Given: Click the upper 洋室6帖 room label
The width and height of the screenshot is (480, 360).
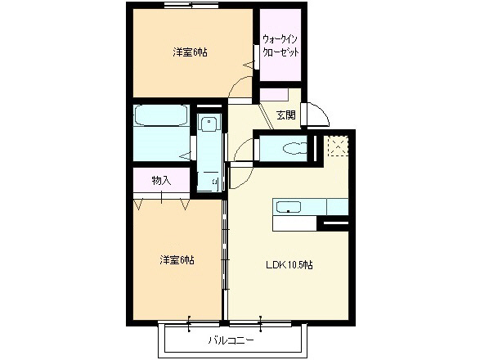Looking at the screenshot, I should [189, 52].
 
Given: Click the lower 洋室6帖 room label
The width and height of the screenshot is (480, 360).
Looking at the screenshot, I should [177, 260].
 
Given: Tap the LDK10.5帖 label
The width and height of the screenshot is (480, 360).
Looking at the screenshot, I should [289, 264].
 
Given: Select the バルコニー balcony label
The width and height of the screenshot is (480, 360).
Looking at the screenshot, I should [231, 339].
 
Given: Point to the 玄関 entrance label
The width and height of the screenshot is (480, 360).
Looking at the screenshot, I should [285, 115].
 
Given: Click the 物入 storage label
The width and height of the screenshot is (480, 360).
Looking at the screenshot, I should [161, 179].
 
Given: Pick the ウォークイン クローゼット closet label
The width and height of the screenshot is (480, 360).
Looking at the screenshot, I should [280, 44].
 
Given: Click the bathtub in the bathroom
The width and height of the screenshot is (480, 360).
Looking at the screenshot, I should [161, 117].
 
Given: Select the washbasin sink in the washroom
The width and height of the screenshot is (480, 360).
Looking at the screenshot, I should [209, 125].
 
